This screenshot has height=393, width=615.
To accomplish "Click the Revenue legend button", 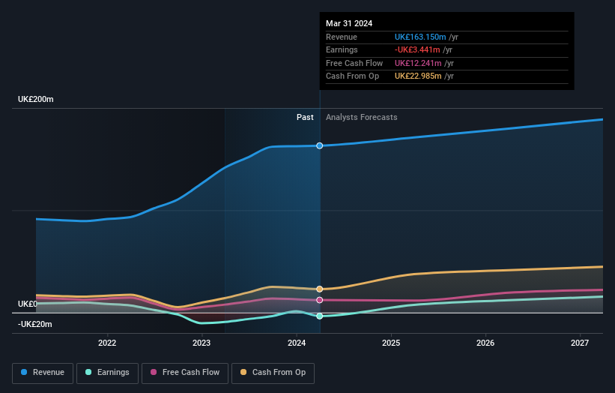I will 43,373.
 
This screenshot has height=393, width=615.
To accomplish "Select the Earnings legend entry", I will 106,373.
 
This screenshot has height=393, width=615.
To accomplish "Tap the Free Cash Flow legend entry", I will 185,373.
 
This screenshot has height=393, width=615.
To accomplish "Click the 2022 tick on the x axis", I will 107,343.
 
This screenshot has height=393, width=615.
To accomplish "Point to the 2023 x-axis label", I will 202,343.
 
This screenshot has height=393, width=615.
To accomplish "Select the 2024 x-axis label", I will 297,343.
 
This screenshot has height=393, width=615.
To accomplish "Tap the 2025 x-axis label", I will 391,343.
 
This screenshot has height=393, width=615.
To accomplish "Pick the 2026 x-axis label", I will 485,343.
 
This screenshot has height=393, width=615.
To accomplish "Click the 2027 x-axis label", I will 580,343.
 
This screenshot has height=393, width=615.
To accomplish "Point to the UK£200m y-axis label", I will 36,100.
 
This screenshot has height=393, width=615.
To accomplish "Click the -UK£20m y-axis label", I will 34,324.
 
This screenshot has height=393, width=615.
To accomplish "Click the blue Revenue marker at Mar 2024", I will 320,145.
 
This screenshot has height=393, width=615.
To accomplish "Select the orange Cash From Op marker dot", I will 320,289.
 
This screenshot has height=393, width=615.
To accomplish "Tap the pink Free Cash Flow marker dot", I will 320,300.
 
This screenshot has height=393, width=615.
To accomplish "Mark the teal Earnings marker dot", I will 320,316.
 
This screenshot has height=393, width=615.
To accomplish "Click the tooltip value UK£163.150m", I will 420,37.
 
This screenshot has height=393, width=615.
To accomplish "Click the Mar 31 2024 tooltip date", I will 349,24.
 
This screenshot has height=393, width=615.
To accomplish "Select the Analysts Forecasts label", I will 362,118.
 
